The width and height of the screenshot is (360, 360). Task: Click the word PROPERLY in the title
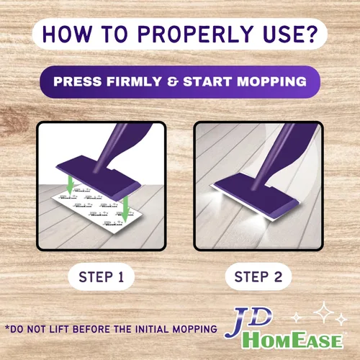pos(194,34)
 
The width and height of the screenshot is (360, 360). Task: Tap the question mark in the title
pos(312,34)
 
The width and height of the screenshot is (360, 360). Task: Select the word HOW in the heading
pos(67,34)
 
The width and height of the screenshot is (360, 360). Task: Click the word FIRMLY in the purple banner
pos(134,81)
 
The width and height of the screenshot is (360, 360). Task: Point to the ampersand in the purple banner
pos(172,81)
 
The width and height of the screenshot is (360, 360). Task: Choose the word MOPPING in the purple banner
pos(271,81)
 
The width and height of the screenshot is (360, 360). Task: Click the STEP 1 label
pos(101,277)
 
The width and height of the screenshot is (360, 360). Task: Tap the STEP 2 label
pos(258,277)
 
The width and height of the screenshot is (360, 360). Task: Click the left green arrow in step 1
pos(70,185)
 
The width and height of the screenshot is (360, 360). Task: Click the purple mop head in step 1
pos(99,176)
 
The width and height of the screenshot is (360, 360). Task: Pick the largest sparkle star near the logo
pos(324,312)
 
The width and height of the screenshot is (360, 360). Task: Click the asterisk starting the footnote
pos(8,328)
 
